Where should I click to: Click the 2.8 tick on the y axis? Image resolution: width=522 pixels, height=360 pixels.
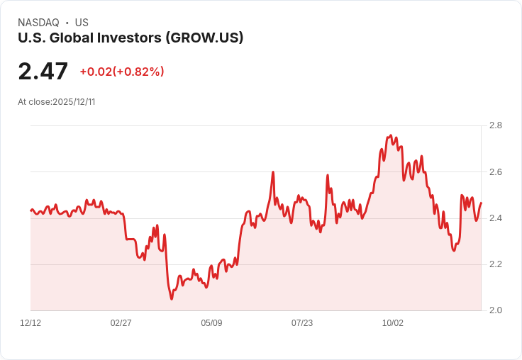click(x=496, y=125)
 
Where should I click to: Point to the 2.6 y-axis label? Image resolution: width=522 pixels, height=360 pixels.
click(x=496, y=172)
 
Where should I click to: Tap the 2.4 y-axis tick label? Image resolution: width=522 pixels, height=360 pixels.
click(x=496, y=218)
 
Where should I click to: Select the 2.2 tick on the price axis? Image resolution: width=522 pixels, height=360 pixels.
click(x=496, y=264)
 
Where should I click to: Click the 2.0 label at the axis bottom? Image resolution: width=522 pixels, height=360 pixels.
click(x=496, y=310)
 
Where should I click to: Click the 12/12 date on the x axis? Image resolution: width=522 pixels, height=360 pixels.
click(x=30, y=323)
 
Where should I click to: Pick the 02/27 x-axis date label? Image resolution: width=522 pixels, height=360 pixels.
click(x=121, y=323)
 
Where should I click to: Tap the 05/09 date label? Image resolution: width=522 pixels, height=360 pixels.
click(x=211, y=323)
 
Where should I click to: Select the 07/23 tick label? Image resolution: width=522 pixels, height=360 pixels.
click(x=302, y=323)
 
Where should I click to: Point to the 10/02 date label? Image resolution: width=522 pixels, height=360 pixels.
click(x=393, y=323)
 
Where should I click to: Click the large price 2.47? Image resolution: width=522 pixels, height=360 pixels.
click(x=43, y=72)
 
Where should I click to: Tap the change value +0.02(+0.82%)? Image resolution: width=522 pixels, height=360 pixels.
click(x=122, y=72)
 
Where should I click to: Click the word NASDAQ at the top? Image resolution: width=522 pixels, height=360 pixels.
click(x=38, y=23)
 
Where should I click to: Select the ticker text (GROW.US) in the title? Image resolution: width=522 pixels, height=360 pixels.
click(x=204, y=38)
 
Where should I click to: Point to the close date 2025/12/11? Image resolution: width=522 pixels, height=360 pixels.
click(x=74, y=102)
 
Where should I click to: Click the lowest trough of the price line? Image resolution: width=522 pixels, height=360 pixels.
click(x=172, y=299)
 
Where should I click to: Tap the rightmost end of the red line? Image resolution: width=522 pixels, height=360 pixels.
click(x=481, y=203)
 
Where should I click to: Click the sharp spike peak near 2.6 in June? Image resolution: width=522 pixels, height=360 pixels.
click(x=273, y=172)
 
